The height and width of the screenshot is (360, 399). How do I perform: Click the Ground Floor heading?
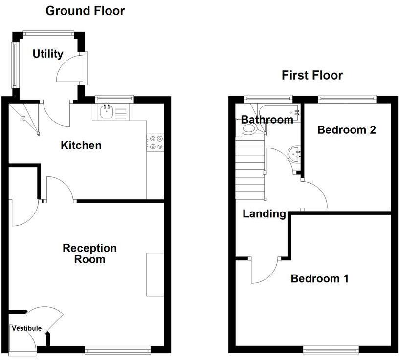[x=85, y=11]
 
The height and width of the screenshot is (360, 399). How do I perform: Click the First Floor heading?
[x=312, y=75]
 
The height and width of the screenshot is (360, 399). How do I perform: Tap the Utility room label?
[x=47, y=54]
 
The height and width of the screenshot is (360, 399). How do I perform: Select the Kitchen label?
[x=81, y=145]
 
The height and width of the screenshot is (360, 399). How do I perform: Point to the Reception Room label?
[x=89, y=254]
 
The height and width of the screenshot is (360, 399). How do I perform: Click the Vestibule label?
[x=26, y=328]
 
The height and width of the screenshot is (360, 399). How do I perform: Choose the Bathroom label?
[x=267, y=120]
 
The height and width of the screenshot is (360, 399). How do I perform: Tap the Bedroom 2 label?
[x=346, y=130]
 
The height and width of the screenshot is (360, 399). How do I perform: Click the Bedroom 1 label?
[x=319, y=279]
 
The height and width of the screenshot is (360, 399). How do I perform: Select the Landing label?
[x=264, y=213]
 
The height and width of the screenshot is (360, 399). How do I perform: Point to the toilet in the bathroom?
[x=249, y=129]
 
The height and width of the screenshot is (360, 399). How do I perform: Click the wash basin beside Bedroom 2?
[x=295, y=153]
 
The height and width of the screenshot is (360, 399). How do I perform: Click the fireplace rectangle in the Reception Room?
[x=155, y=274]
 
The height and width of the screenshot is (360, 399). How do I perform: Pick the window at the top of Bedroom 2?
[x=347, y=99]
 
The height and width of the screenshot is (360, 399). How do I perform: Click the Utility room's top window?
[x=48, y=34]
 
